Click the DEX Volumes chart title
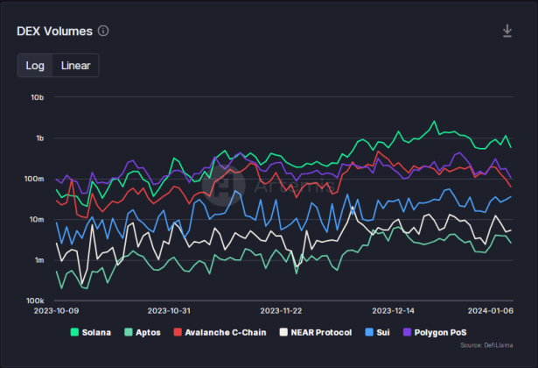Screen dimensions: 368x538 [x=54, y=32]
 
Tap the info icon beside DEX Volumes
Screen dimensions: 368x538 [x=103, y=32]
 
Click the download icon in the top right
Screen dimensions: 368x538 [x=507, y=32]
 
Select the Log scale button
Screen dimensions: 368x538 [x=35, y=66]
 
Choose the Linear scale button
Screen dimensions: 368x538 [x=75, y=66]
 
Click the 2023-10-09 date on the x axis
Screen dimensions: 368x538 [x=56, y=311]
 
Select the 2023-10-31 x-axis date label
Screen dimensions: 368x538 [x=169, y=311]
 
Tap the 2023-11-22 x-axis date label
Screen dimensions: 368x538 [x=281, y=311]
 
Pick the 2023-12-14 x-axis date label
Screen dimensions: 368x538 [x=394, y=311]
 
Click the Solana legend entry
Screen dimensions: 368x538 [x=90, y=333]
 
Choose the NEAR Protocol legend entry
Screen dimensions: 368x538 [x=315, y=333]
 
